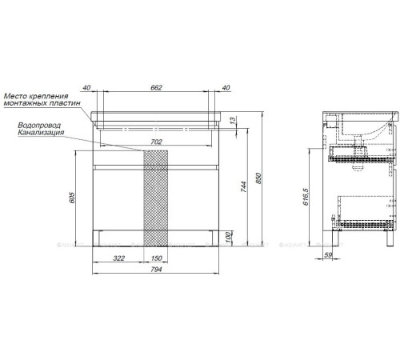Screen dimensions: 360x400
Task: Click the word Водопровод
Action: [x=38, y=125]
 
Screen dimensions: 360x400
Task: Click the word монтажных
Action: [x=39, y=104]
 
